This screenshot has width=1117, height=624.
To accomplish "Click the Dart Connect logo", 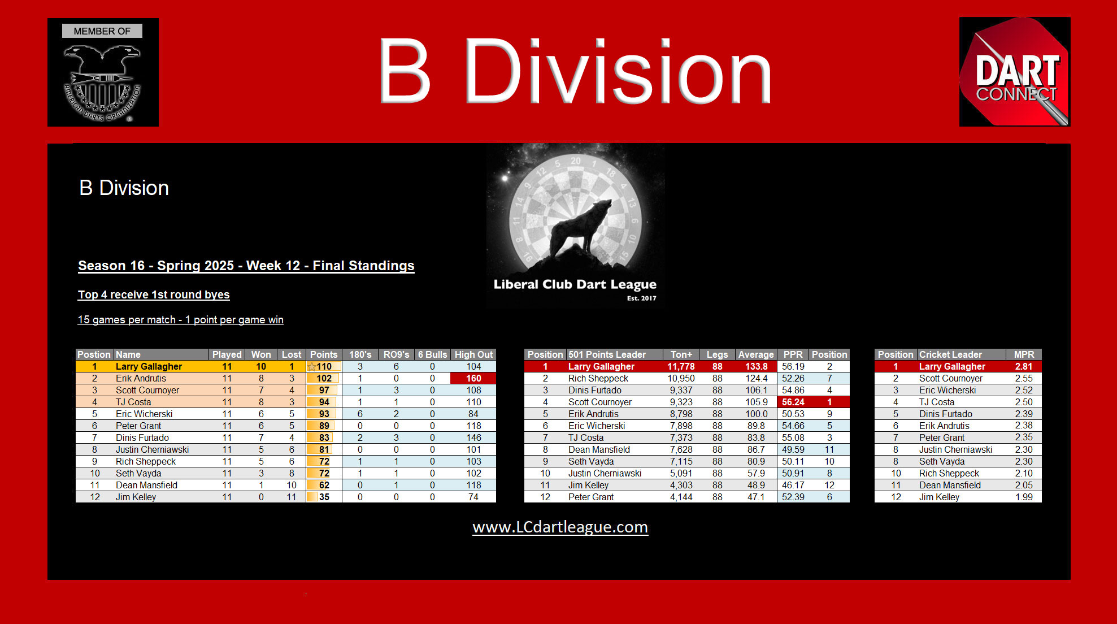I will click(1014, 72).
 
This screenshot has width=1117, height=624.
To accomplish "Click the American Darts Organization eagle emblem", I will click(102, 82).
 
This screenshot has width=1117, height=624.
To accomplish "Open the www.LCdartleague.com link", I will click(560, 527).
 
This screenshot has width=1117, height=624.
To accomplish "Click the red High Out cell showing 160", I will click(473, 378).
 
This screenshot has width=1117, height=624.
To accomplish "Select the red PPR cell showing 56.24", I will click(793, 402).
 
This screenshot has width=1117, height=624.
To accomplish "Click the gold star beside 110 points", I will click(311, 367).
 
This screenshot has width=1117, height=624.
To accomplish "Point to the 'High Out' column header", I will click(473, 354).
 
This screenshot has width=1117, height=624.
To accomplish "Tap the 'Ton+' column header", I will click(681, 354).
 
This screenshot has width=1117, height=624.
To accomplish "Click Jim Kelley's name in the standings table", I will click(136, 497).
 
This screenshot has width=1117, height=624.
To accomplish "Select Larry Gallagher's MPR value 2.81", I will click(1023, 366).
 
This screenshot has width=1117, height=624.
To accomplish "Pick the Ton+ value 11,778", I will click(681, 366).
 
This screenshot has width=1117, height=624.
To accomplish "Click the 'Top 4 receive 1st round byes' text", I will click(154, 294).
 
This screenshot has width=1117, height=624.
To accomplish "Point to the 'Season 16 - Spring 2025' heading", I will click(246, 266).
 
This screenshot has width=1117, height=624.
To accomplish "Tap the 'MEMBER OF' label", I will click(102, 31).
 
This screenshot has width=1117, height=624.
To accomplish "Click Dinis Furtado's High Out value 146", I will click(473, 437).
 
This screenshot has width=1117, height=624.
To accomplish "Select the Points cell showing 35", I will click(324, 497).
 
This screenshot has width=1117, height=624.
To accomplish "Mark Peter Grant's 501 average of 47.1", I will click(755, 497).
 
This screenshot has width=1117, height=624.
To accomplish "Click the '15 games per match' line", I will click(180, 320).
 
